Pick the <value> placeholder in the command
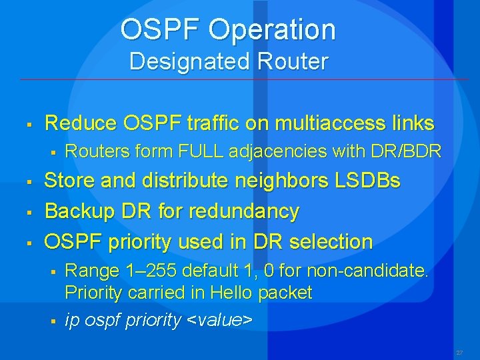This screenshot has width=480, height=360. pyautogui.click(x=219, y=321)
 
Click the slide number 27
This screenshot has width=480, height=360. pyautogui.click(x=459, y=352)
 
